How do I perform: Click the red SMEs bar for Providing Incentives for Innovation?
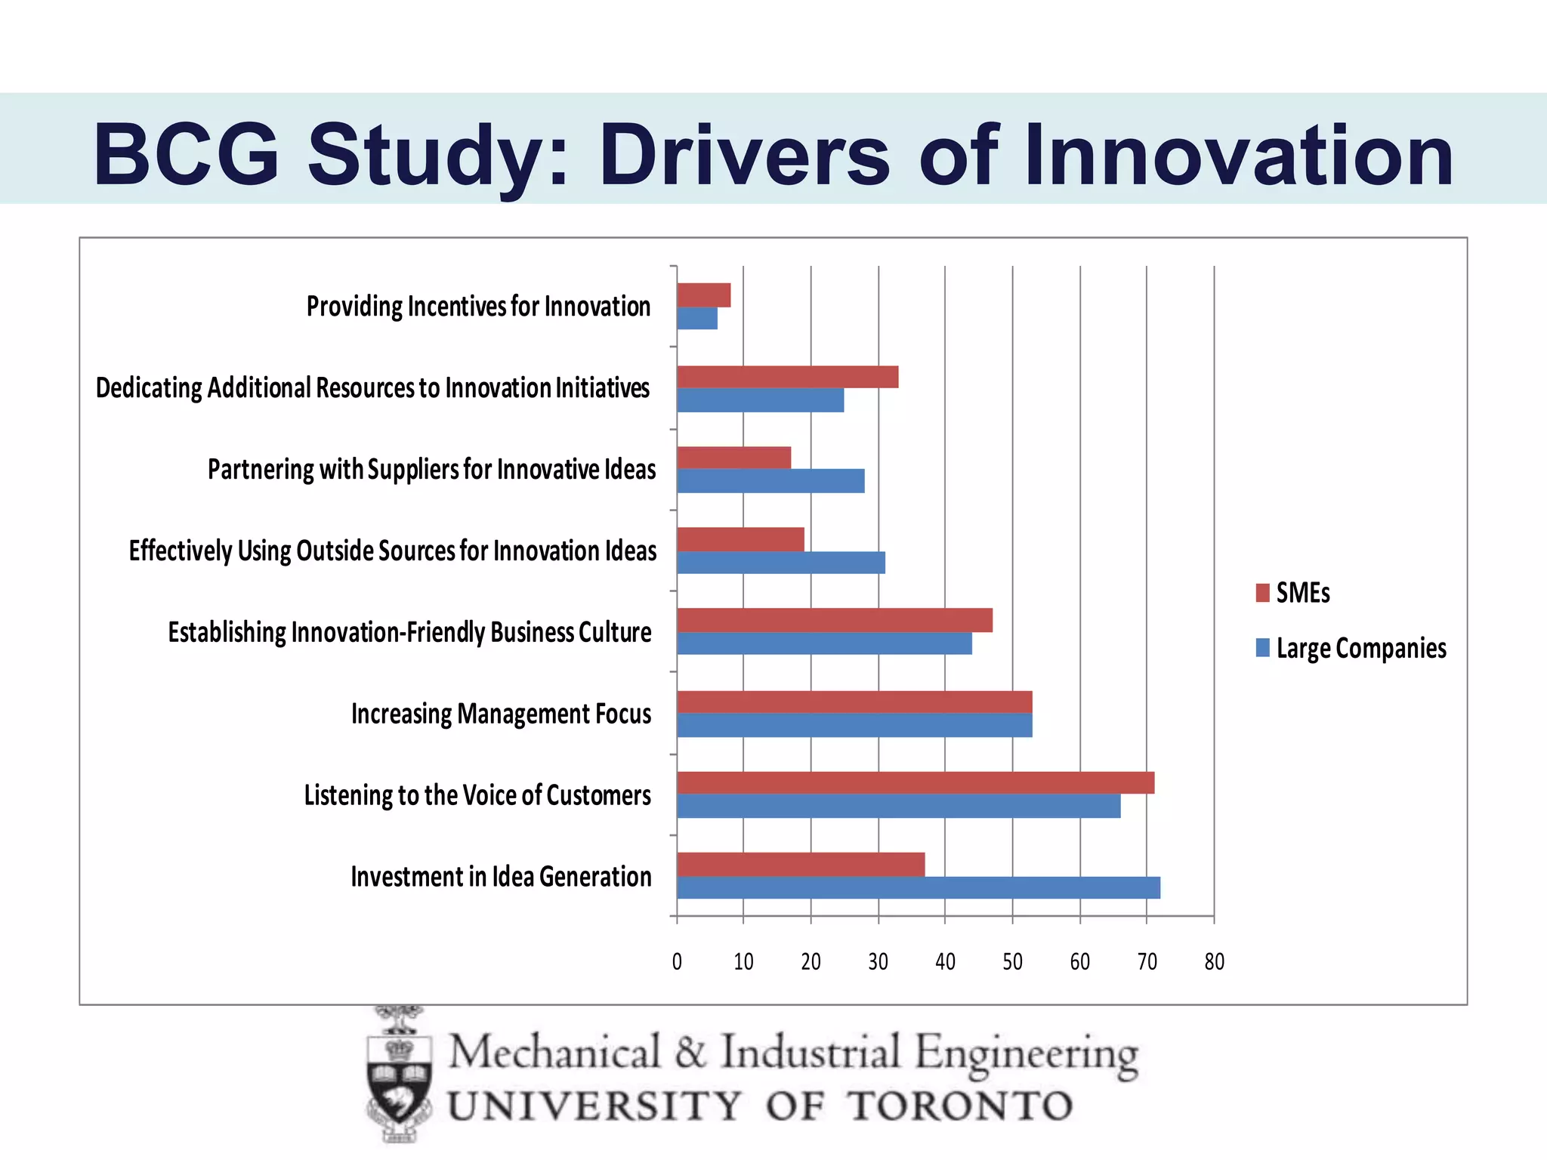point(703,295)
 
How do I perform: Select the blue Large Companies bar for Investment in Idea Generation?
point(918,887)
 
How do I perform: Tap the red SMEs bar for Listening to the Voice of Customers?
point(915,782)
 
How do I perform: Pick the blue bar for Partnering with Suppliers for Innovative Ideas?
point(770,481)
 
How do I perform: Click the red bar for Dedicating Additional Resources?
point(787,377)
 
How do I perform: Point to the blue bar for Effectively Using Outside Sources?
point(780,563)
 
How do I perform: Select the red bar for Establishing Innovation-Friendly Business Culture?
point(834,620)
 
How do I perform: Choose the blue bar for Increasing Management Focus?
point(854,725)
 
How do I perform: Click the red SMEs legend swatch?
point(1262,593)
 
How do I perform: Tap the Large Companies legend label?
point(1360,649)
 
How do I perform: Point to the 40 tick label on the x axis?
point(945,961)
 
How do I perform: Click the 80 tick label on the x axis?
point(1214,961)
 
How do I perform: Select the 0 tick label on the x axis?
point(677,961)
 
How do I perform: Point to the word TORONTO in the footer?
point(959,1106)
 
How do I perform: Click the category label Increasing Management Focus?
point(501,714)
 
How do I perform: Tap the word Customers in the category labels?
point(598,795)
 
